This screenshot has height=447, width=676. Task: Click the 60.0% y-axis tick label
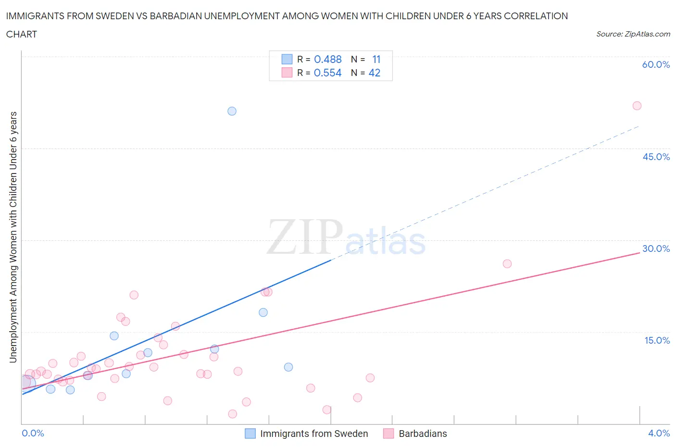point(656,64)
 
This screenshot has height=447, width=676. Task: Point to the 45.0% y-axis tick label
point(656,157)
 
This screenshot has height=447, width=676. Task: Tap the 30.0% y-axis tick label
point(656,248)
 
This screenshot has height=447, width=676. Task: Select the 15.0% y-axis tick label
point(657,340)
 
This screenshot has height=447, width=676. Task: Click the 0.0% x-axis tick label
point(33,433)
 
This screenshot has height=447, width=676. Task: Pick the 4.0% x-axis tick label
point(659,433)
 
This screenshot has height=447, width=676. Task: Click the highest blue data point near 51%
point(232,111)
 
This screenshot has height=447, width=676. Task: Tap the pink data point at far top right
point(637,106)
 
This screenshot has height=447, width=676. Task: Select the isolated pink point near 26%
point(507,263)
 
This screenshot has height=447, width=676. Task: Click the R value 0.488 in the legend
point(327,59)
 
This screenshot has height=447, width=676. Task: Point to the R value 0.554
point(327,73)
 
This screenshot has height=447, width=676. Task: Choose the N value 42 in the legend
point(374,73)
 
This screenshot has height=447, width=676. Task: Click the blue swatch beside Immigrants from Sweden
point(250,434)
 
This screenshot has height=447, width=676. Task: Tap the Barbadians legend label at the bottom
point(423,434)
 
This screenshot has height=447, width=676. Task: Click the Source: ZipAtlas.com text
point(633,34)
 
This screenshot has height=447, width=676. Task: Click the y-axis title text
point(13,237)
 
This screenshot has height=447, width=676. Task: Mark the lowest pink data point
point(233,414)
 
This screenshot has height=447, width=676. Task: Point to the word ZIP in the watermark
point(305,236)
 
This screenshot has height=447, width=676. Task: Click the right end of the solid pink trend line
point(639,252)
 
